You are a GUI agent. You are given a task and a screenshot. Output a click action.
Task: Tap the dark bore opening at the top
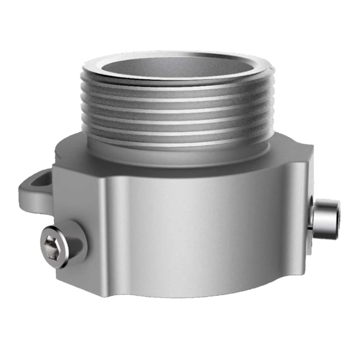pos(178,67)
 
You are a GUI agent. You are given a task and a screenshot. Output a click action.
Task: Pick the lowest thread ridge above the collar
pos(178,135)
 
